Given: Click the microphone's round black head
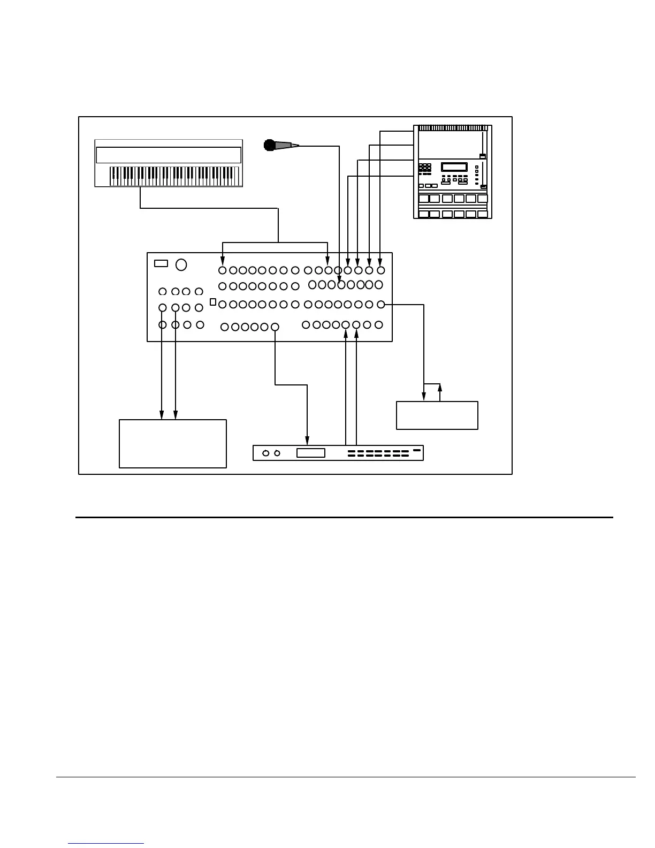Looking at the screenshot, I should point(269,145).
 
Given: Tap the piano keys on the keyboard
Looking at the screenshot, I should point(174,175).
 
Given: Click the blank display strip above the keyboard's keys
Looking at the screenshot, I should point(168,155).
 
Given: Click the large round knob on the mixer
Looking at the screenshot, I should point(181,264).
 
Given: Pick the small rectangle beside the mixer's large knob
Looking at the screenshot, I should point(161,263).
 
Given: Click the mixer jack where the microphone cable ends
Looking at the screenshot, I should point(340,285).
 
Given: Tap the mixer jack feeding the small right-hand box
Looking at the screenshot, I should point(381,304).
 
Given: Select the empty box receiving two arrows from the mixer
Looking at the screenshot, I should point(172,443).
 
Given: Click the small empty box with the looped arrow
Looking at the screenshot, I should point(437,415).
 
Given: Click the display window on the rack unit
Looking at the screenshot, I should point(310,453).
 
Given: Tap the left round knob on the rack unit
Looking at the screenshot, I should point(266,453).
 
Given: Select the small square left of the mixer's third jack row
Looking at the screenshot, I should point(213,302).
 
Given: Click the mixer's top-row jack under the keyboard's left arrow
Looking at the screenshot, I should point(223,270).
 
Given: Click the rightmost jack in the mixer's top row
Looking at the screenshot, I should point(380,270).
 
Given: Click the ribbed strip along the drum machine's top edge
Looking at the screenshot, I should point(452,128).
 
